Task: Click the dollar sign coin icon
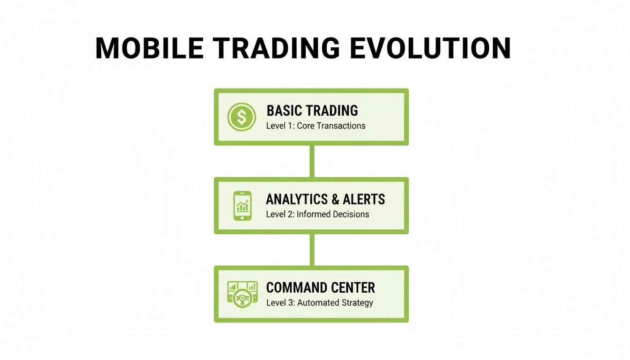tap(241, 117)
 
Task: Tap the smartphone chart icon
tap(242, 205)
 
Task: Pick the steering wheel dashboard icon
tap(242, 294)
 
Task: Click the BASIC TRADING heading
tap(312, 111)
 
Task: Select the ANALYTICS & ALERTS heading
tap(325, 199)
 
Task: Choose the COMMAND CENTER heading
tap(321, 287)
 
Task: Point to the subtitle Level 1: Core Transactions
tap(315, 126)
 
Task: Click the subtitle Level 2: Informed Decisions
tap(317, 214)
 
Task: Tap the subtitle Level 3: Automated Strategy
tap(320, 303)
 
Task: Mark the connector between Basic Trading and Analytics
tap(312, 161)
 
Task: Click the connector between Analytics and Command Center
tap(312, 249)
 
